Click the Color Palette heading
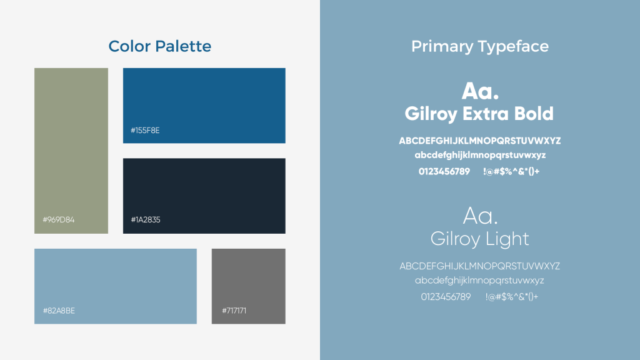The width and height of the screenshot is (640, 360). pyautogui.click(x=159, y=46)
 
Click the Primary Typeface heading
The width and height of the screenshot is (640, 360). pyautogui.click(x=479, y=46)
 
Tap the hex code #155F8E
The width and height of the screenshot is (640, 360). pyautogui.click(x=145, y=130)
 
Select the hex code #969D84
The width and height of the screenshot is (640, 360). pyautogui.click(x=58, y=219)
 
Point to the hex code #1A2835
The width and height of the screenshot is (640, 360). pyautogui.click(x=145, y=219)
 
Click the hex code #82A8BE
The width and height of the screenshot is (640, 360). pyautogui.click(x=59, y=311)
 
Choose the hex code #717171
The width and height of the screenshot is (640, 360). pyautogui.click(x=234, y=311)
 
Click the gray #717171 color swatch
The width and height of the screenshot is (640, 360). pyautogui.click(x=249, y=286)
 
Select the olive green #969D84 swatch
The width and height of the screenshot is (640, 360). pyautogui.click(x=71, y=151)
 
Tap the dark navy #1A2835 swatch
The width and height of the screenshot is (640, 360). pyautogui.click(x=204, y=196)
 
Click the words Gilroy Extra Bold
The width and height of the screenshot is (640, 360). pyautogui.click(x=479, y=114)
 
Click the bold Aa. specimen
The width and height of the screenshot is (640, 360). pyautogui.click(x=480, y=91)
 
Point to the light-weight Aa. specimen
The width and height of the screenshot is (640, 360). pyautogui.click(x=480, y=216)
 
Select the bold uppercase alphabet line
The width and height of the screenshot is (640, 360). pyautogui.click(x=479, y=141)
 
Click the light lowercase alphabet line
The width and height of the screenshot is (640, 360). pyautogui.click(x=479, y=281)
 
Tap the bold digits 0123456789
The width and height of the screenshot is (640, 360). pyautogui.click(x=444, y=171)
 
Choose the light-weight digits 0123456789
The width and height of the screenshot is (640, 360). pyautogui.click(x=446, y=297)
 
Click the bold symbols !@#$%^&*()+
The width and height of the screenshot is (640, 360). pyautogui.click(x=511, y=171)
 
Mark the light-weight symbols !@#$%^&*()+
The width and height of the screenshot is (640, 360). pyautogui.click(x=512, y=297)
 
